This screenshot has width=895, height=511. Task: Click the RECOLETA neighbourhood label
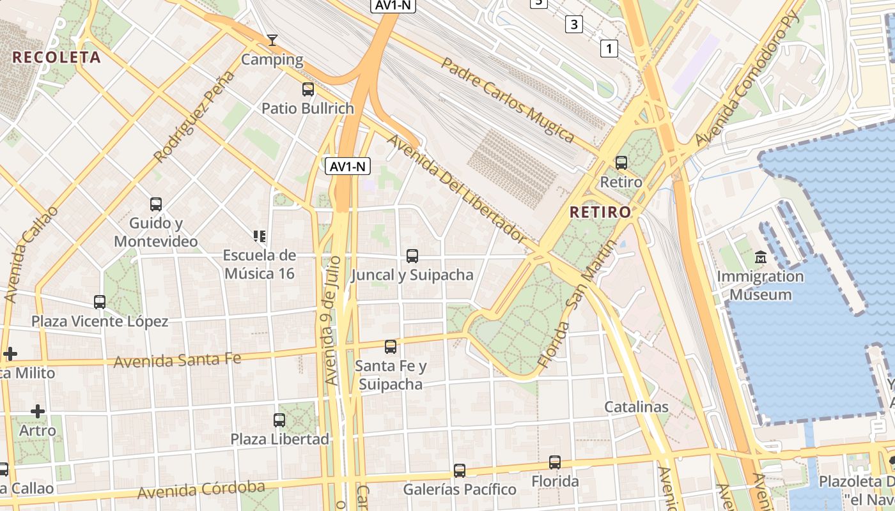coord(56,57)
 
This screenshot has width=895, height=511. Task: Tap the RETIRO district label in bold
coord(600,211)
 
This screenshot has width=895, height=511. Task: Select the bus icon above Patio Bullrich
coord(308,89)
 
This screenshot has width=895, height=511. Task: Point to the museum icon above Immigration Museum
coord(761,257)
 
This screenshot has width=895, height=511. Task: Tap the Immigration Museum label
coord(760,286)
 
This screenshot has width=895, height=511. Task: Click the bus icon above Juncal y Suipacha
coord(412,256)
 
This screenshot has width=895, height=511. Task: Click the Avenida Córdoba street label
coord(201,490)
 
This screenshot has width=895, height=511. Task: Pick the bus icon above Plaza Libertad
coord(279,420)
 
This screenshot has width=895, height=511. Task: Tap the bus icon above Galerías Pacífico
coord(459,471)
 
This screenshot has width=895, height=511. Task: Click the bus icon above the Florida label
coord(555,462)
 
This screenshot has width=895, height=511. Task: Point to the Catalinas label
coord(636,407)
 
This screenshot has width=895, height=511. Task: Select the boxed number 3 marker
coord(574,25)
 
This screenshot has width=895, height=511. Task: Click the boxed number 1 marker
coord(609,48)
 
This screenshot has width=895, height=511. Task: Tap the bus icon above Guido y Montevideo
coord(156,204)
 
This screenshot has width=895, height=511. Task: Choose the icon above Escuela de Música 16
coord(259,236)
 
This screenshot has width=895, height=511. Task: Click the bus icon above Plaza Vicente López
coord(100,301)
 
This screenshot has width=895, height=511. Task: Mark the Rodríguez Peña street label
coord(194,117)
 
